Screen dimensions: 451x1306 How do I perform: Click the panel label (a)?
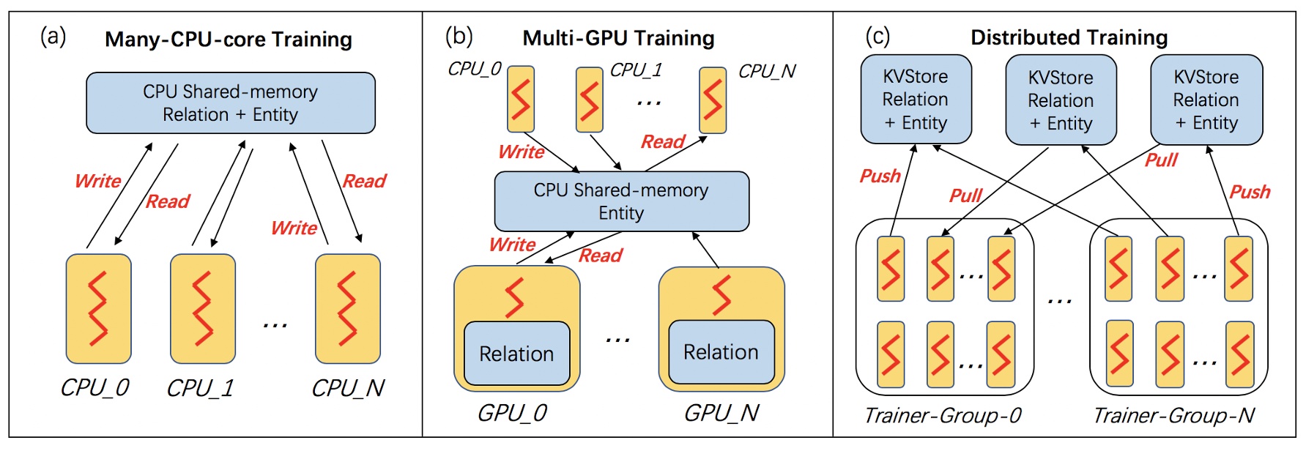tap(53, 37)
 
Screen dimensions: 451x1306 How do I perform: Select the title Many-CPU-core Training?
tap(228, 40)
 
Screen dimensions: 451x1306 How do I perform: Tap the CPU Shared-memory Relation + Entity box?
tap(230, 103)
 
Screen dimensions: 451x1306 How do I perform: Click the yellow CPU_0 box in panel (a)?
tap(98, 308)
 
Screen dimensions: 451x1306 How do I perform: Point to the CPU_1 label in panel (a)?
tap(199, 388)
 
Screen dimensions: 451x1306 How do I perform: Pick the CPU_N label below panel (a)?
tap(348, 388)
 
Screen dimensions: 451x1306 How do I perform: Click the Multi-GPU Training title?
tap(618, 38)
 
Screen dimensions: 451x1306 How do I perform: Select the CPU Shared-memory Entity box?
tap(621, 201)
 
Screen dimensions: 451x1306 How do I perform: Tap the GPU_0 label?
tap(512, 414)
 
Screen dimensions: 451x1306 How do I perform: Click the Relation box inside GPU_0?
tap(516, 354)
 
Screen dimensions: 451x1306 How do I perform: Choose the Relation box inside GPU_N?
tap(721, 352)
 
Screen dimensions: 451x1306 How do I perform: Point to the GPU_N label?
tap(721, 414)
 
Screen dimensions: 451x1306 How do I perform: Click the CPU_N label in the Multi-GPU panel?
tap(766, 72)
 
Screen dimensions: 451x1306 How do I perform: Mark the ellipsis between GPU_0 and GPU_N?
tap(617, 339)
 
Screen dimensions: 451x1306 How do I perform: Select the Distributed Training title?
tap(1069, 37)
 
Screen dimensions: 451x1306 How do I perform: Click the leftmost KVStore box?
tap(916, 100)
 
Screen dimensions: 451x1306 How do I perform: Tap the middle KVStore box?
tap(1061, 100)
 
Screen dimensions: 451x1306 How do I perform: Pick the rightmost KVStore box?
tap(1206, 100)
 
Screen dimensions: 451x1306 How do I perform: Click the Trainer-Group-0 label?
tap(943, 416)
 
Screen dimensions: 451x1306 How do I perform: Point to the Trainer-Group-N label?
tap(1173, 416)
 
